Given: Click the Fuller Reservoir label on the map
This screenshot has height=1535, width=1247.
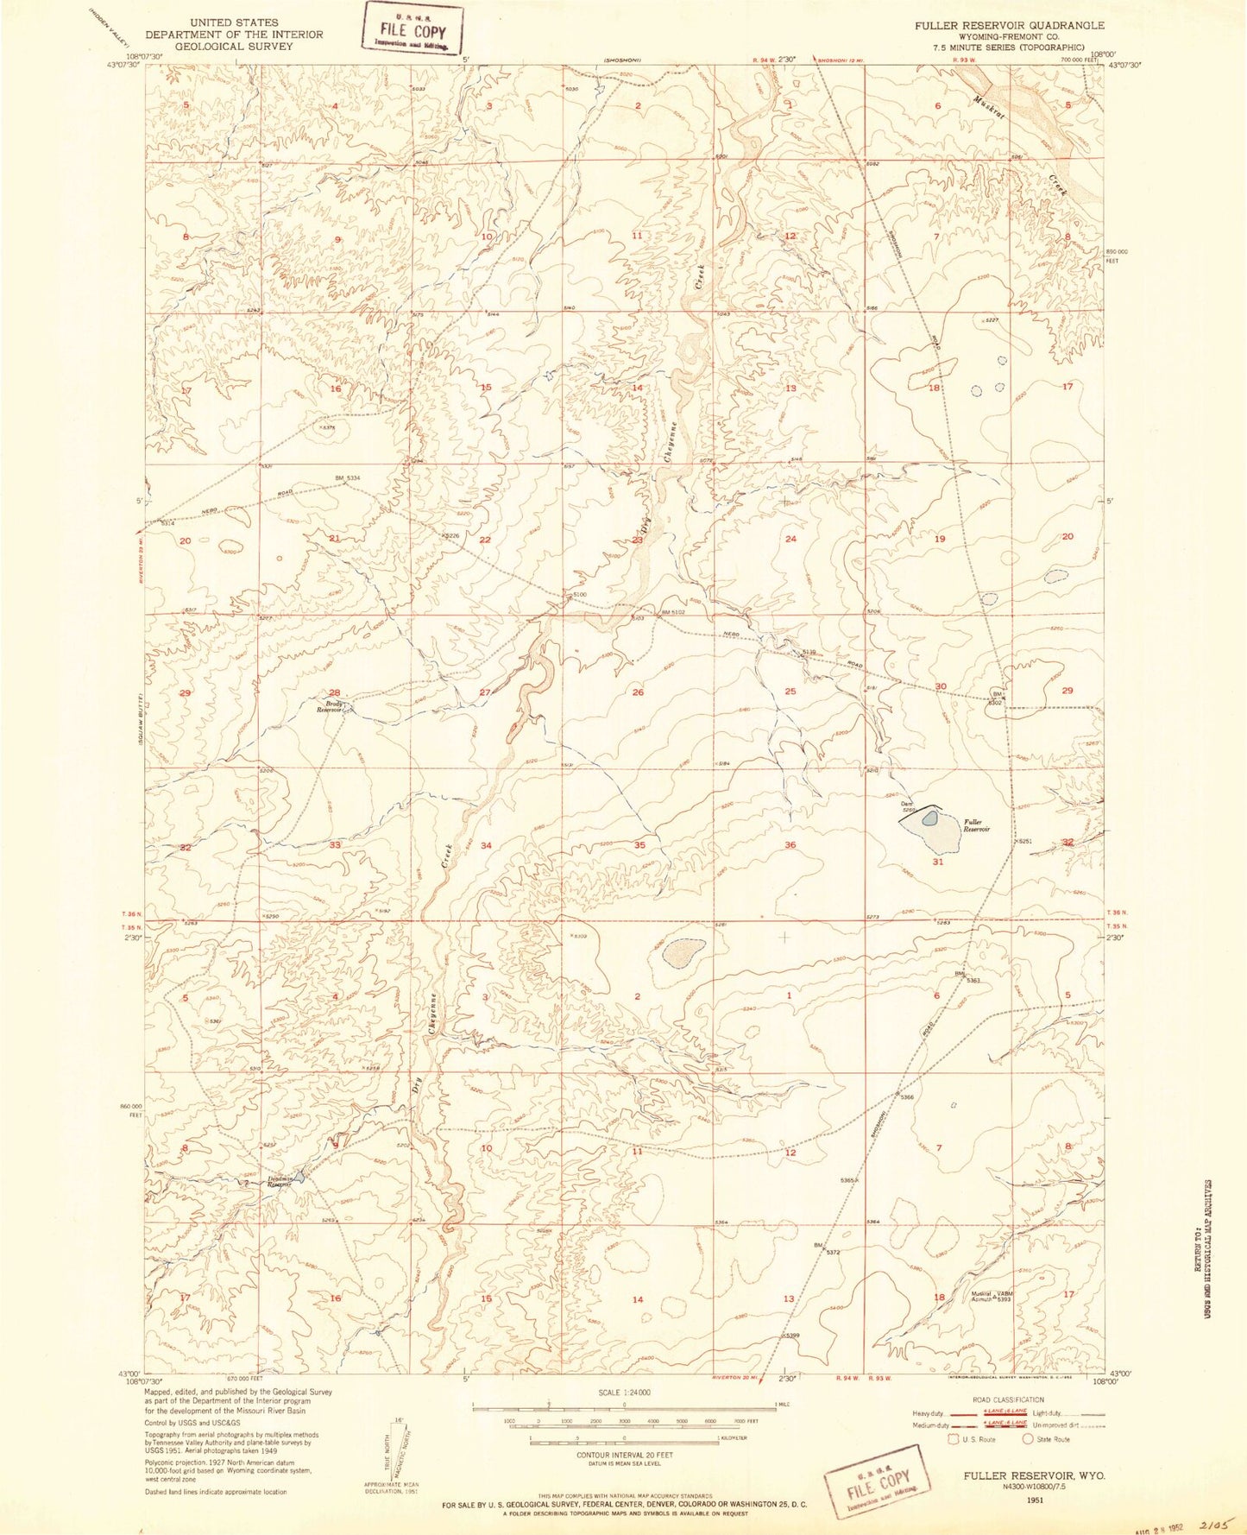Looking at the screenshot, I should [x=976, y=824].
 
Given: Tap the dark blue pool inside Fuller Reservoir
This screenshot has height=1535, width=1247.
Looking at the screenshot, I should [x=929, y=817].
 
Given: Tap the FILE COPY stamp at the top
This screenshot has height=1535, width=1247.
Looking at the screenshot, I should [x=413, y=30].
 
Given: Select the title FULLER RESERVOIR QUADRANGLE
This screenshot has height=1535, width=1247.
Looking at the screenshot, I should [x=997, y=26].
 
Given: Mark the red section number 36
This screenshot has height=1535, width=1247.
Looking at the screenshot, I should [x=790, y=844].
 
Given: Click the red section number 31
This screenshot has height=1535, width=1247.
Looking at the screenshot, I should [x=937, y=861].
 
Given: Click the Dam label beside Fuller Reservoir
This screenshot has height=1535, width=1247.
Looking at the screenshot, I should [x=907, y=804].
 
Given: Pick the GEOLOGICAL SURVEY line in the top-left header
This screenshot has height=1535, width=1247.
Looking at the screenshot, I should [x=234, y=47].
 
